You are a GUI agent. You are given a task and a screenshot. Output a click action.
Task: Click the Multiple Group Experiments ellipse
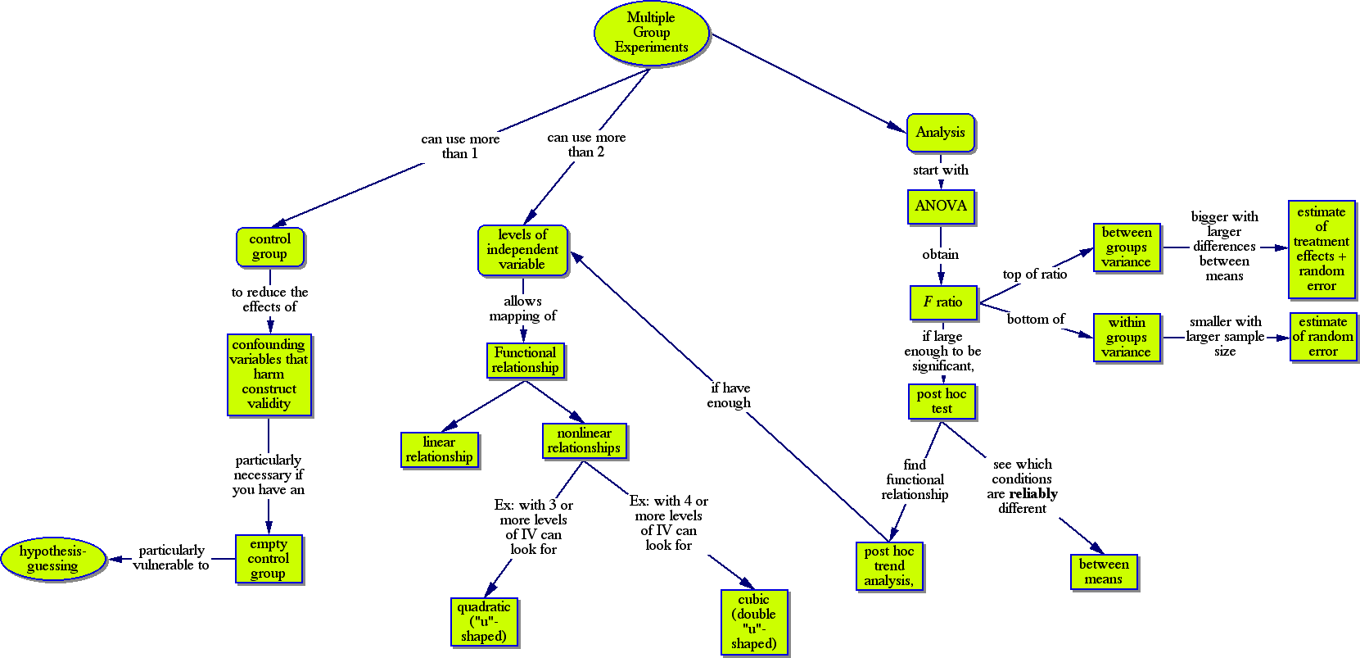tap(651, 33)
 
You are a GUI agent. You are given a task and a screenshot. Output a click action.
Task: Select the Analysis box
tap(940, 133)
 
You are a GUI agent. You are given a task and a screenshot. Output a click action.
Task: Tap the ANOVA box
tap(940, 206)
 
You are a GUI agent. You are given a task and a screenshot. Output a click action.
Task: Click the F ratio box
tap(943, 302)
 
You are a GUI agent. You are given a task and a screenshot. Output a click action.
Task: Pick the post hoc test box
tap(942, 402)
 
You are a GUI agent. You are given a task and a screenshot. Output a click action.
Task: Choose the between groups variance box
tap(1127, 247)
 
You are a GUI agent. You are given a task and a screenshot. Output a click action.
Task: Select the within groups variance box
tap(1127, 338)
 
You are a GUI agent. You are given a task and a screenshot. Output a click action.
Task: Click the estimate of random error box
tap(1322, 337)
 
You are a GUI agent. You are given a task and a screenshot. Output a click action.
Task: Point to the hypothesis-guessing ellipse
tap(52, 559)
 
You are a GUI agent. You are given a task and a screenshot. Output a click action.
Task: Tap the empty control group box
tap(269, 559)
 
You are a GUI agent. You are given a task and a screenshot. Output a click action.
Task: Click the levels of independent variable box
tap(522, 250)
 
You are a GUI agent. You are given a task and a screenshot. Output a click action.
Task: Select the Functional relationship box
tap(525, 361)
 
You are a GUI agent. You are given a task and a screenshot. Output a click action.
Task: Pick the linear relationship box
tap(439, 450)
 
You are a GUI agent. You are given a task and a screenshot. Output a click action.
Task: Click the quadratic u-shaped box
tap(484, 622)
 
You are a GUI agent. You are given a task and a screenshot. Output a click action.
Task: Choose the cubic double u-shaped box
tap(754, 622)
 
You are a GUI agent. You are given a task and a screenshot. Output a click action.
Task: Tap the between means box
tap(1103, 572)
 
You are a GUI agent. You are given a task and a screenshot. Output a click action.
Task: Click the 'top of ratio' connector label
tap(1035, 275)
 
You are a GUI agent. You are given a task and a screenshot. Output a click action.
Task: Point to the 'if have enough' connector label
tap(729, 396)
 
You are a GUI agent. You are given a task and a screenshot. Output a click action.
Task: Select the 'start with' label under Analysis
tap(940, 170)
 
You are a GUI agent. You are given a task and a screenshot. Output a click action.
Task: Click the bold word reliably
tap(1033, 494)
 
